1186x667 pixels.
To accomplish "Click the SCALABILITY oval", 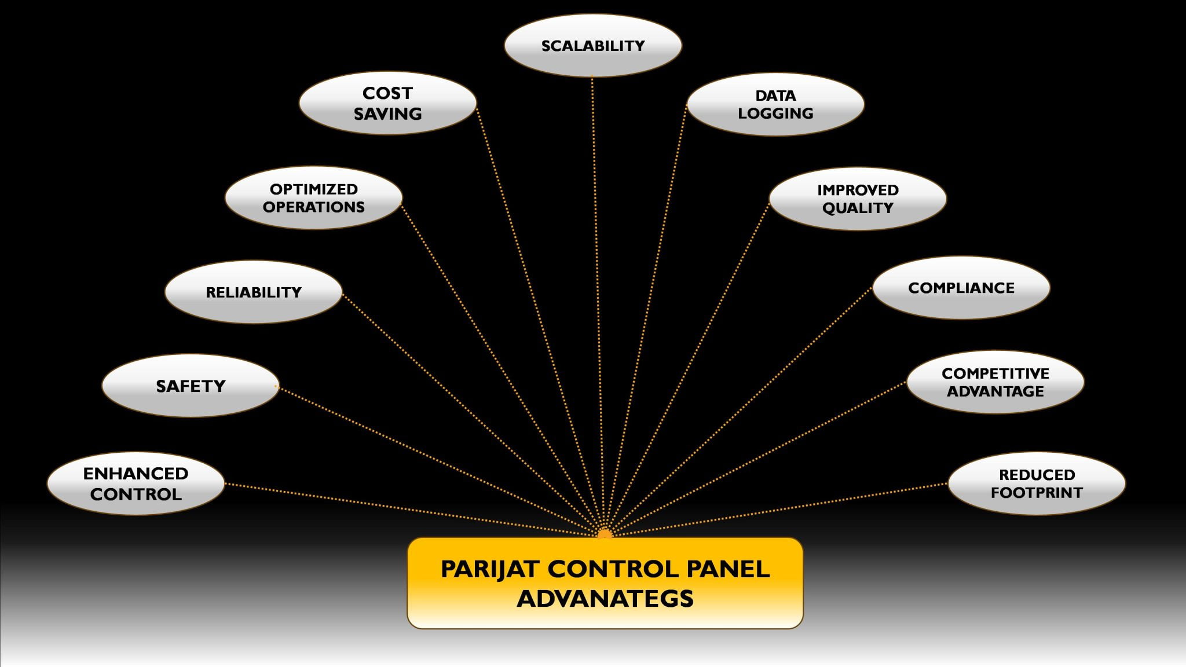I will click(592, 46).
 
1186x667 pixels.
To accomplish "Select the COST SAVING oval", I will click(387, 103).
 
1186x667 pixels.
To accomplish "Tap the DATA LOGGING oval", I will click(775, 104).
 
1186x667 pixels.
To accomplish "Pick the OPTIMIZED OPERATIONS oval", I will click(313, 198).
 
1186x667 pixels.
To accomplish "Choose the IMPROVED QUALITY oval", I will click(858, 199).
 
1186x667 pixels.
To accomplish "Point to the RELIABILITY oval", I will click(254, 292).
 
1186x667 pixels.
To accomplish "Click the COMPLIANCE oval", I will click(961, 288).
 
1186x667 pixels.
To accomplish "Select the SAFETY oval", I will click(191, 386).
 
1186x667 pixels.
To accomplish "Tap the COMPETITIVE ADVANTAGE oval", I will click(995, 382).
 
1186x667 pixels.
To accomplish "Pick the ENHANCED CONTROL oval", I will click(136, 484).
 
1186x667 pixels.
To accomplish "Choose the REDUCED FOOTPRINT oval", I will click(1037, 484).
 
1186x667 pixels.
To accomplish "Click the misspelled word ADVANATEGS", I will click(605, 599).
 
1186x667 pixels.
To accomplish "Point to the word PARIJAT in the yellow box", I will click(490, 569).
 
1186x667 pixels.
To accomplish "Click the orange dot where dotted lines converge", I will click(605, 534).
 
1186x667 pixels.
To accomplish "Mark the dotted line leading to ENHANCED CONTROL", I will click(405, 508).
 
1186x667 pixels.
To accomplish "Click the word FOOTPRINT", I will click(1037, 493).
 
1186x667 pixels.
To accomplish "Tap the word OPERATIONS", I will click(313, 207).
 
